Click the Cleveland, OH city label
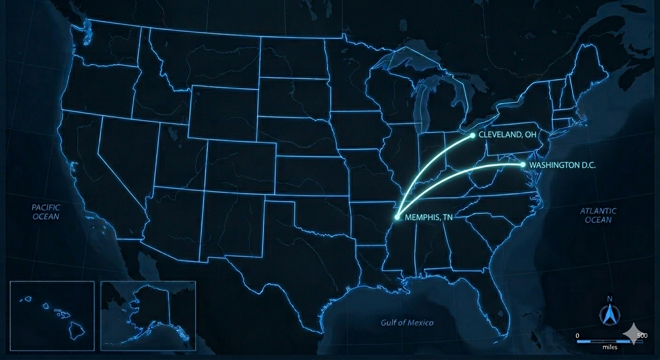coord(507,135)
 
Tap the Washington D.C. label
coord(562,165)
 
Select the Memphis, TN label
coord(428,217)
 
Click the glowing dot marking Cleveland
coord(472,135)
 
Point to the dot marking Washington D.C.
coord(523,165)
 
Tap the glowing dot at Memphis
coord(397,217)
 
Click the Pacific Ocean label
coord(46,211)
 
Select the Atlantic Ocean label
coord(598,215)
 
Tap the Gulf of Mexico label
coord(407,322)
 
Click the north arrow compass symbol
coord(609,315)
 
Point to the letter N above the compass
coord(609,299)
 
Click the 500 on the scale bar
coord(642,336)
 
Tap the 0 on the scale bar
coord(577,336)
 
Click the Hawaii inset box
coord(52,315)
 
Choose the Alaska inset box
coord(148,315)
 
